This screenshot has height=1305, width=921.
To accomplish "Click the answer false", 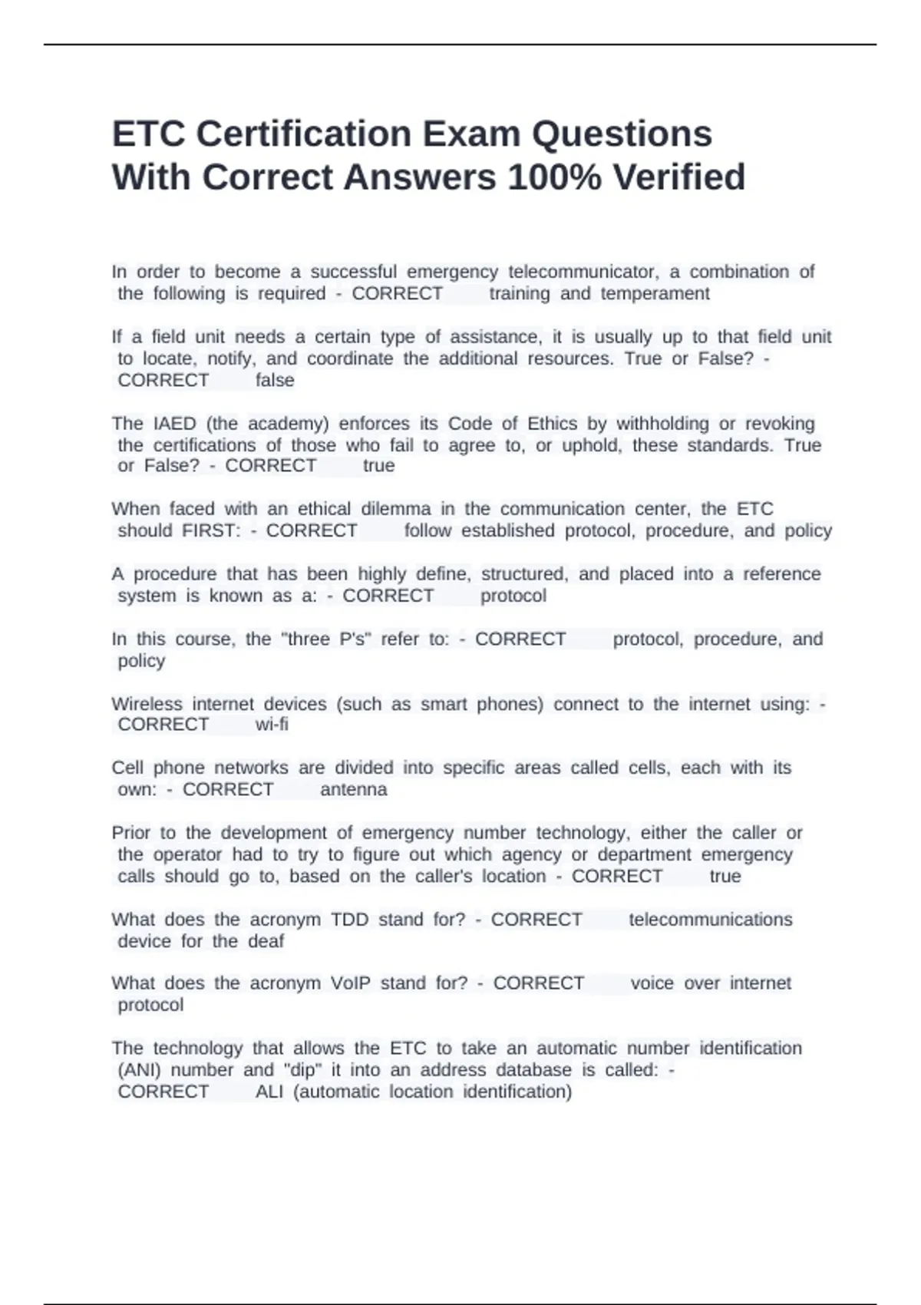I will (x=275, y=381).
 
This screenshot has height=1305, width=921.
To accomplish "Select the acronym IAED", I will (x=175, y=424).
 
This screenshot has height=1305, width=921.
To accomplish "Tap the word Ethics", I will (x=551, y=424).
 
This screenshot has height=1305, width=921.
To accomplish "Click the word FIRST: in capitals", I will (x=212, y=531).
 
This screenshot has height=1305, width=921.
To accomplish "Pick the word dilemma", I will (x=396, y=509).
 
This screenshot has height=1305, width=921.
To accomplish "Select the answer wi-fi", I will (x=272, y=725).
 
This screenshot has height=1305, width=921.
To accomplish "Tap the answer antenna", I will (x=354, y=790).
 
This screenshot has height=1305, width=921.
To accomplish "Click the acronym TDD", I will (x=349, y=920).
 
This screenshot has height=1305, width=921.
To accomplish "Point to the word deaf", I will (x=266, y=942).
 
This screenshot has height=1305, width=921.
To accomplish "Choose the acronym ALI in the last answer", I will (x=269, y=1092).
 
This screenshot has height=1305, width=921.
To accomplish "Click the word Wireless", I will (x=147, y=705).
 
